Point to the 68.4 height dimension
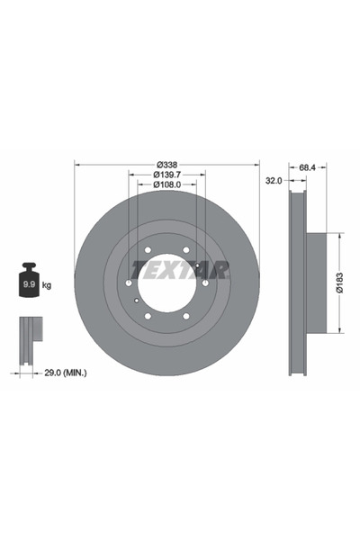308,167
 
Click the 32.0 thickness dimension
274,180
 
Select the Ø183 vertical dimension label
339,283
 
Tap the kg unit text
47,285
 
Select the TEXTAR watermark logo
180,269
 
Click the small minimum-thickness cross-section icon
30,336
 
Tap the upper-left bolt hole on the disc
148,250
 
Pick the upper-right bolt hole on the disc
186,250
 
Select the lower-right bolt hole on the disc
186,316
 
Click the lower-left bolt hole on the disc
148,316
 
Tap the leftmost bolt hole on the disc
129,283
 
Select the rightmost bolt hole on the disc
205,283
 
